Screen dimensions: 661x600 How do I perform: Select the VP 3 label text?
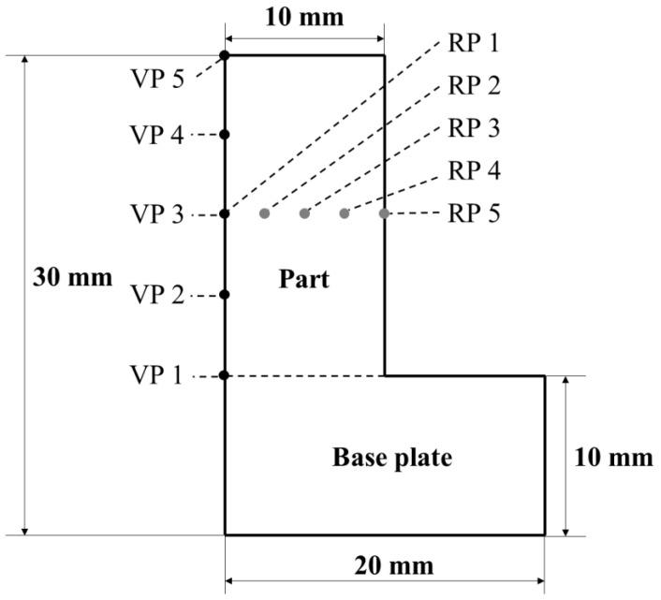[157, 215]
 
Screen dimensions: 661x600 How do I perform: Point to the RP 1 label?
[475, 43]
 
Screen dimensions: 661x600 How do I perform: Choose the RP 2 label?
[475, 86]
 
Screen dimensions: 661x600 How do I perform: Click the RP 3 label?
[475, 128]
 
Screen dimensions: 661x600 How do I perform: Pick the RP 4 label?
[475, 171]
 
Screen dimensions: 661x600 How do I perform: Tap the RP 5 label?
[475, 213]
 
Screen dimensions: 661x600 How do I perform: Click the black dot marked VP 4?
[225, 135]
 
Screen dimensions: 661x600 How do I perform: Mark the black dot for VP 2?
[225, 295]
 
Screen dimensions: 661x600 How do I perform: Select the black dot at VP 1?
[225, 375]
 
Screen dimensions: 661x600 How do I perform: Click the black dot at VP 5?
[225, 56]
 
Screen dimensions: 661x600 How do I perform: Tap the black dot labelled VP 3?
[225, 214]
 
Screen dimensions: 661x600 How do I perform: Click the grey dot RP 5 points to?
[384, 213]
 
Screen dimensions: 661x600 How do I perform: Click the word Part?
[304, 278]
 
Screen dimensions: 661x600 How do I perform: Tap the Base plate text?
[392, 458]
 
